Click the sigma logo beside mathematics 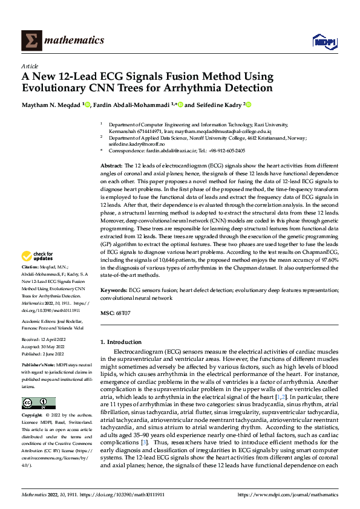coord(30,40)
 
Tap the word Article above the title coord(30,66)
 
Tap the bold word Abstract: coord(112,165)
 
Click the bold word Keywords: coord(113,290)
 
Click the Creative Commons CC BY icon coord(38,403)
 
